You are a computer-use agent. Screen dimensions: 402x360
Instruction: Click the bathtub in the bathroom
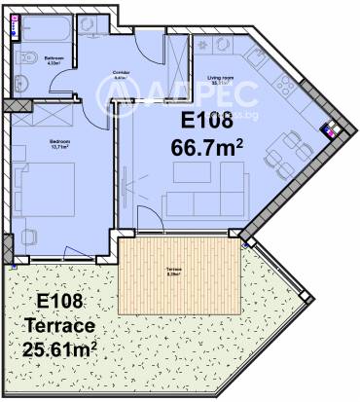coord(49,25)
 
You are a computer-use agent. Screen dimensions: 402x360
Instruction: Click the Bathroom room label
coord(54,59)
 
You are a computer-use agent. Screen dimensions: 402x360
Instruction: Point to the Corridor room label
coord(121,73)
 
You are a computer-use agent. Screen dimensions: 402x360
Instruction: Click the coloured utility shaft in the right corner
coord(330,128)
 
